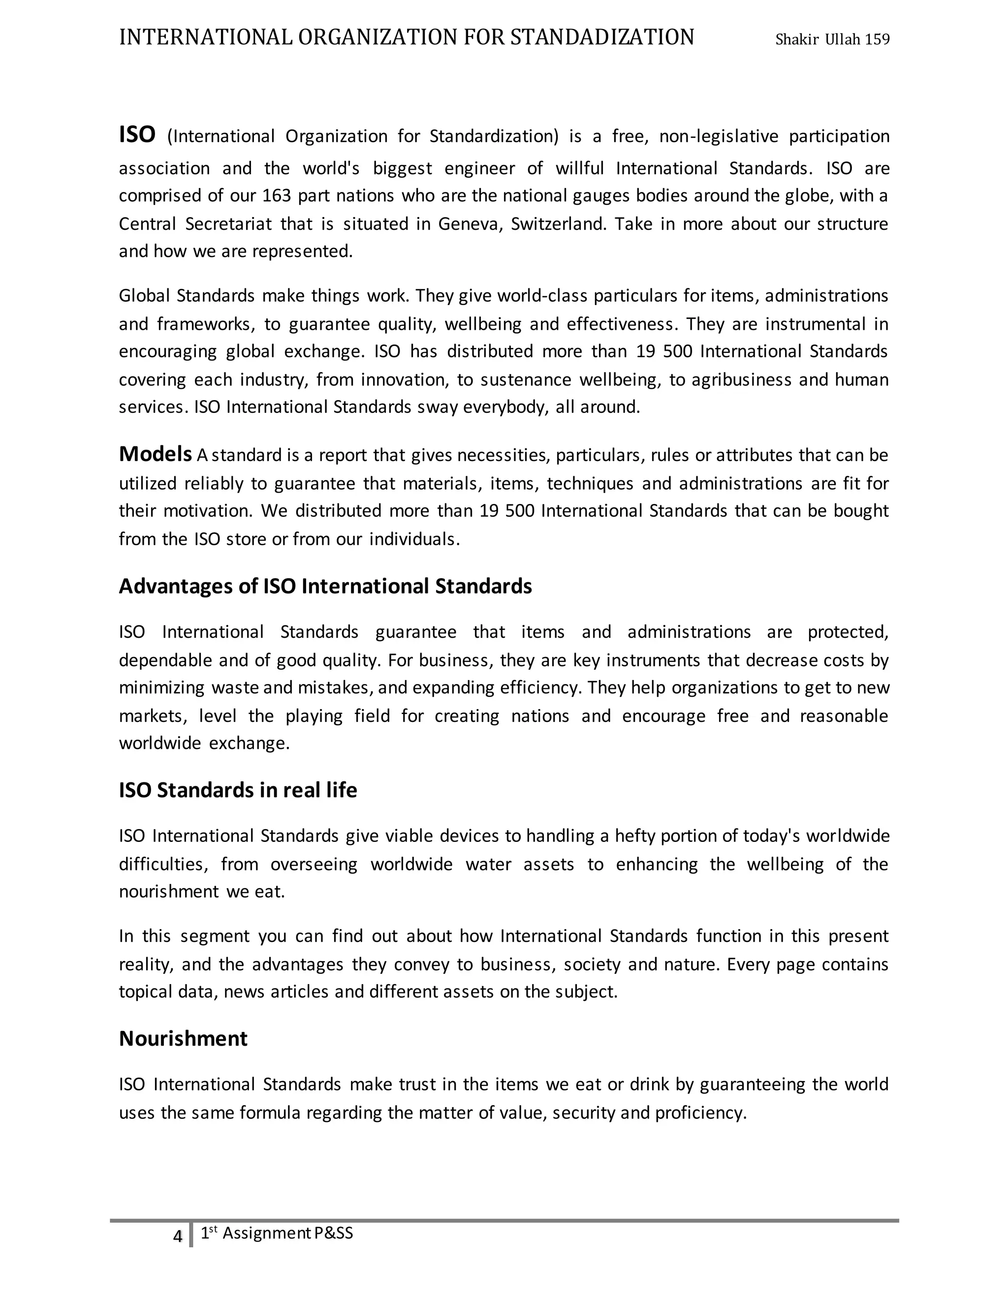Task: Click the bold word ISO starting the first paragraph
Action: [x=137, y=135]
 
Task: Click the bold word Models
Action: [x=155, y=454]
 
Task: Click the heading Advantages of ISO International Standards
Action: [x=325, y=587]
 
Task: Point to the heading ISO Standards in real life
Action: [x=238, y=790]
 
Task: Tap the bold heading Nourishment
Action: [x=183, y=1038]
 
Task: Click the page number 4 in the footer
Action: [x=177, y=1237]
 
